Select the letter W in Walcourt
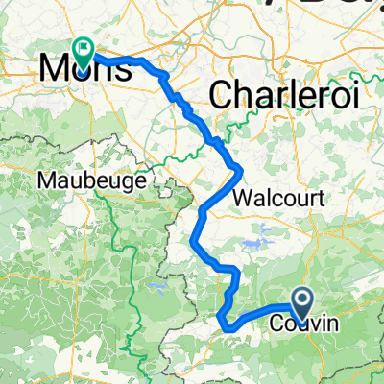coord(243,199)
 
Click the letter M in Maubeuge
coord(44,180)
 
